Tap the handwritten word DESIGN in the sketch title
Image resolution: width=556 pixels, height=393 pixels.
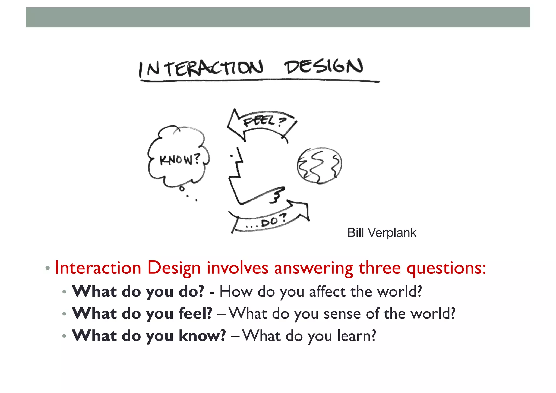pos(324,66)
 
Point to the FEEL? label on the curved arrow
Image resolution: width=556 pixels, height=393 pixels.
pos(265,121)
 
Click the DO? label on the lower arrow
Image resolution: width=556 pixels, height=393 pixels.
pos(273,221)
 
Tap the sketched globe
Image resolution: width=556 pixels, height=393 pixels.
pos(319,166)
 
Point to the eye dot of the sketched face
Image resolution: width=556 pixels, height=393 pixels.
pos(231,156)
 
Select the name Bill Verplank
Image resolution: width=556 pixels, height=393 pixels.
pos(382,233)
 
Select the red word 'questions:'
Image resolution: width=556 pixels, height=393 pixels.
pos(446,268)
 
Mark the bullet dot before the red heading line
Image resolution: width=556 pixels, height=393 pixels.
pos(48,268)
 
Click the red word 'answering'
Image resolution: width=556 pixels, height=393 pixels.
pos(314,268)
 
